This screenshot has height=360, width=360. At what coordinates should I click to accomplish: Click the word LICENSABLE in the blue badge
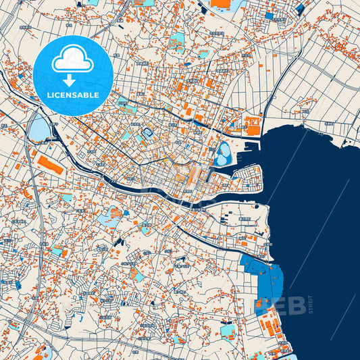[72, 95]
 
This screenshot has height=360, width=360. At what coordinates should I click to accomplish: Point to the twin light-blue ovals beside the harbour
[223, 155]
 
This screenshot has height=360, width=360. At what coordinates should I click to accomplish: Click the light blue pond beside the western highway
[39, 127]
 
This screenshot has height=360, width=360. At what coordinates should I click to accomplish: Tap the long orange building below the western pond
[49, 165]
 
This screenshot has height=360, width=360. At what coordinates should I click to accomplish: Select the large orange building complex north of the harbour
[253, 126]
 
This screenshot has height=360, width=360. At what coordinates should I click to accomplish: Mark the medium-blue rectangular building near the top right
[269, 16]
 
